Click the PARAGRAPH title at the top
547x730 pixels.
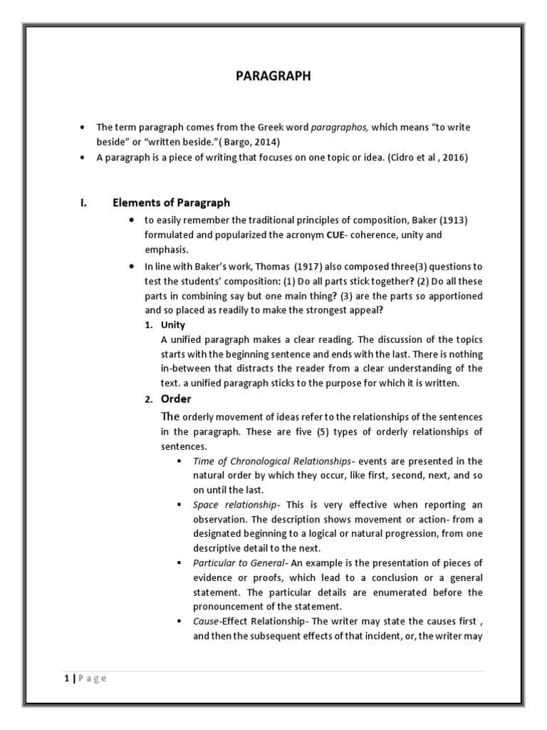[273, 76]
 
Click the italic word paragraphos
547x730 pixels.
[340, 127]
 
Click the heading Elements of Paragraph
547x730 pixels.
[171, 203]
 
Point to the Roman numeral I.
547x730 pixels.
[83, 203]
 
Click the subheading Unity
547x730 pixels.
[173, 325]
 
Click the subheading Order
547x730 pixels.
[176, 399]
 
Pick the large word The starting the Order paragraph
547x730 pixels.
[170, 416]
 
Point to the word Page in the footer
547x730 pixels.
[90, 679]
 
